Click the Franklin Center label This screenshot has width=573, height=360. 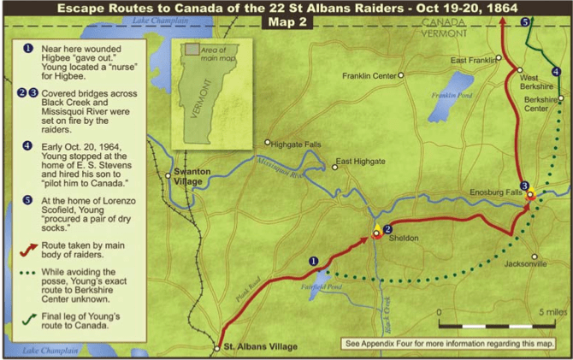click(369, 75)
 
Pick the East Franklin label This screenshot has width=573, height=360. click(474, 60)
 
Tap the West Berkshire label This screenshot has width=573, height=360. click(535, 82)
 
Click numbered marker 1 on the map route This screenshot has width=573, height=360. click(313, 261)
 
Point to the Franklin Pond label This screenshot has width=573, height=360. click(452, 94)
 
